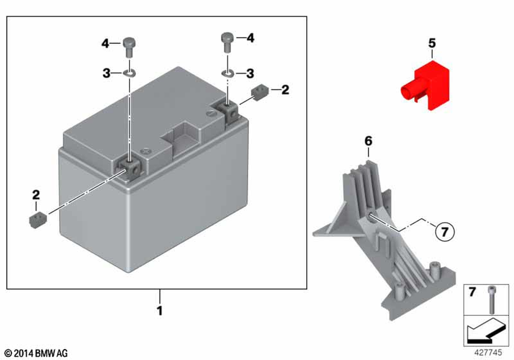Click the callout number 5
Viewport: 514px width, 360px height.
pos(432,43)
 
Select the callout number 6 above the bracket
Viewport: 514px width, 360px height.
pos(368,140)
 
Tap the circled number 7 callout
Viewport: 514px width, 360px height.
pos(445,232)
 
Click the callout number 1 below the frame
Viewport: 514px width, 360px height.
pos(160,311)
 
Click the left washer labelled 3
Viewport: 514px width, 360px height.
pos(129,73)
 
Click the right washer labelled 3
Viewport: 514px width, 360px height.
pos(228,73)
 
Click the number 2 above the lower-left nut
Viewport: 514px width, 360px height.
pos(36,195)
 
